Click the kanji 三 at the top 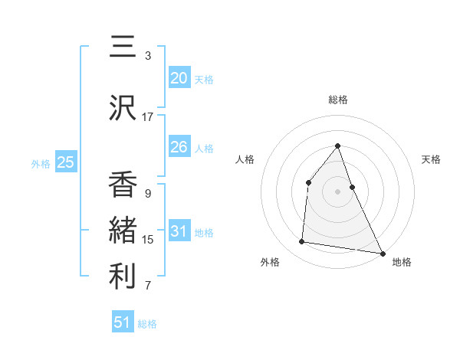click(123, 47)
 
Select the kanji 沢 click(123, 106)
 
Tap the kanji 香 click(123, 184)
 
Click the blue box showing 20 click(179, 78)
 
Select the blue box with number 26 click(179, 147)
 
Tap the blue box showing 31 click(179, 231)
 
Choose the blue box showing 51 click(123, 322)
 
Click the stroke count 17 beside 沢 click(148, 117)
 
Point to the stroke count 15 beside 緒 click(148, 240)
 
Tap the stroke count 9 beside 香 click(148, 194)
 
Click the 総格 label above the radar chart click(338, 100)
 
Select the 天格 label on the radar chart click(431, 159)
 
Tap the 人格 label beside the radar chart click(245, 159)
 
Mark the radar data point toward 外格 click(302, 242)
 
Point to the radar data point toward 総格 click(337, 146)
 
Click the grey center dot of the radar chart click(337, 191)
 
